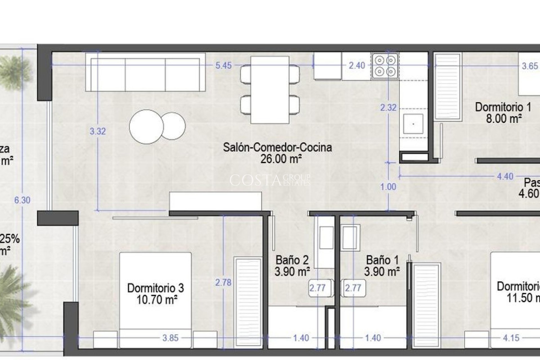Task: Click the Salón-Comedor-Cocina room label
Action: [x=277, y=147]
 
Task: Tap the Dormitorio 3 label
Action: [x=156, y=288]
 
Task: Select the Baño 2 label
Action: [x=292, y=260]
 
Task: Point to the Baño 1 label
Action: [x=382, y=260]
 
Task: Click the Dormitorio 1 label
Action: [x=503, y=107]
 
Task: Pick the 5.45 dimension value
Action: [x=223, y=66]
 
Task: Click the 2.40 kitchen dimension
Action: [x=357, y=66]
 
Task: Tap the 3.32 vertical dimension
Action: [x=98, y=131]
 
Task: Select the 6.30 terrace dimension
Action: [x=22, y=200]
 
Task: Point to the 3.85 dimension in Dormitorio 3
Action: [x=170, y=338]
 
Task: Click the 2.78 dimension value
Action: [x=223, y=282]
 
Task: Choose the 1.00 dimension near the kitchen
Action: [x=388, y=187]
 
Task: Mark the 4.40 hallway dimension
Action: [x=505, y=176]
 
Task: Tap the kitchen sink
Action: [x=413, y=124]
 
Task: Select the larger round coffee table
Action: [x=146, y=127]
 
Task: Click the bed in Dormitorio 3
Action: [x=155, y=300]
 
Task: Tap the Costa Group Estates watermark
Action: [x=270, y=180]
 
